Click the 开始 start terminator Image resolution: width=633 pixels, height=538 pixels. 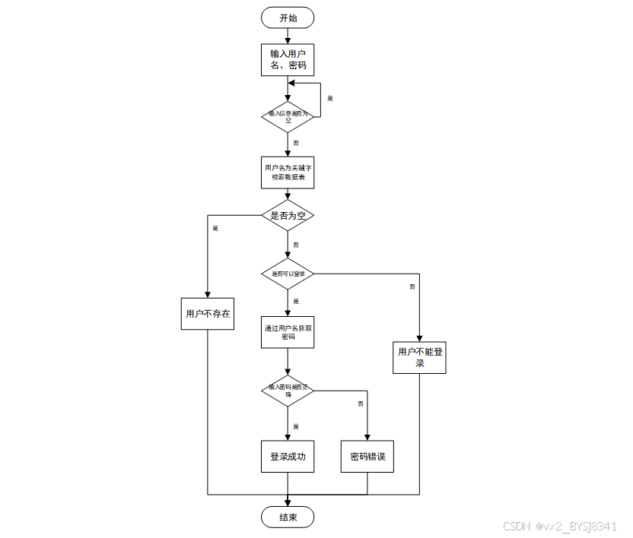(x=288, y=17)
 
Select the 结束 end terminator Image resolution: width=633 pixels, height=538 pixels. (x=288, y=517)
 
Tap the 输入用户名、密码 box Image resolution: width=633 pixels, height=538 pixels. (x=288, y=60)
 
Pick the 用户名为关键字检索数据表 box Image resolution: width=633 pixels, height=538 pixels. (x=288, y=172)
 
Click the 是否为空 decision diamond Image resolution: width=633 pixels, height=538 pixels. (x=288, y=216)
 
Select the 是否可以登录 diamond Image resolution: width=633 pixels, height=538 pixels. (x=288, y=274)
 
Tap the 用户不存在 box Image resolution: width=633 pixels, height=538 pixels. (x=208, y=312)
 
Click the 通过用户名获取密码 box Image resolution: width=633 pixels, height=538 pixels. (x=288, y=332)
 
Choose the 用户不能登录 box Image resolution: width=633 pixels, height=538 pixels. (x=419, y=357)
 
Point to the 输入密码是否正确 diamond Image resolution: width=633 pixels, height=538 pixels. (x=288, y=390)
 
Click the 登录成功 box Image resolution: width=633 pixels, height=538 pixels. (x=288, y=457)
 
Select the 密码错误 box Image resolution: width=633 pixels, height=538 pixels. (x=367, y=457)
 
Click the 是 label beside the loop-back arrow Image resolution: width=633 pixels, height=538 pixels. (x=330, y=99)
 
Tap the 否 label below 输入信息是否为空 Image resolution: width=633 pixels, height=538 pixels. (x=296, y=143)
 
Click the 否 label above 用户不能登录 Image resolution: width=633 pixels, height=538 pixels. (x=412, y=286)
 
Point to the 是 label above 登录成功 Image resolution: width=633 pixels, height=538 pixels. (x=296, y=426)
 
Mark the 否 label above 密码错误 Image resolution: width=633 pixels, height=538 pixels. (x=361, y=403)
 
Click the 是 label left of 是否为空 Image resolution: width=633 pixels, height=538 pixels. (x=215, y=228)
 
